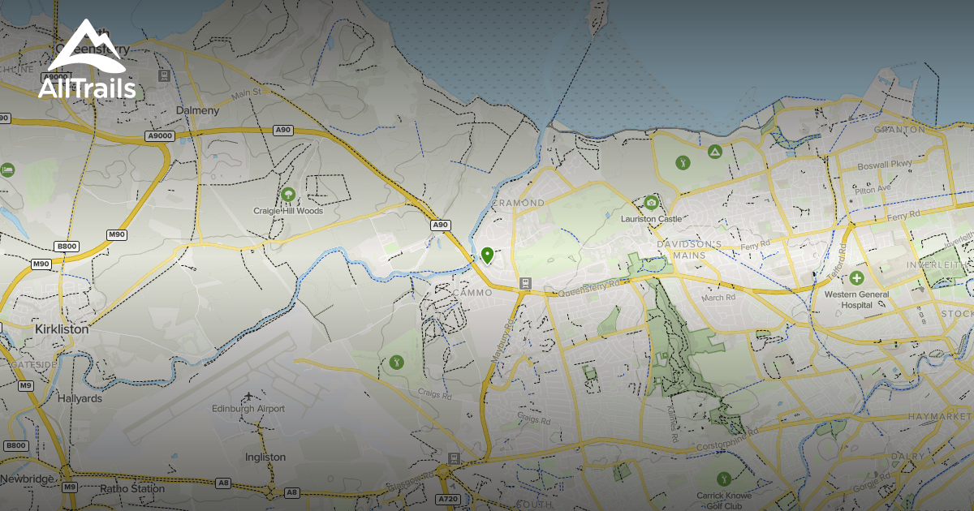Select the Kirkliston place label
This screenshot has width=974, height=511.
pyautogui.click(x=62, y=330)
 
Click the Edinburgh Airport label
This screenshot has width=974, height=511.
pyautogui.click(x=248, y=409)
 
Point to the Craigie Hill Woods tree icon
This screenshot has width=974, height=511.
pyautogui.click(x=287, y=195)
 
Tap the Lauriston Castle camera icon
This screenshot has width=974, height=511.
pyautogui.click(x=651, y=203)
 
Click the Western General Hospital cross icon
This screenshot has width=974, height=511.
pyautogui.click(x=855, y=278)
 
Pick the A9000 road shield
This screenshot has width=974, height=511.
pyautogui.click(x=160, y=136)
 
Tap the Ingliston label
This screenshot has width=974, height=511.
pyautogui.click(x=265, y=457)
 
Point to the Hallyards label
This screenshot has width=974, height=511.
pyautogui.click(x=80, y=399)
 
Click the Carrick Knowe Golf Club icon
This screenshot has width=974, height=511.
pyautogui.click(x=724, y=479)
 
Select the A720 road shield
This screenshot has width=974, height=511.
pyautogui.click(x=449, y=498)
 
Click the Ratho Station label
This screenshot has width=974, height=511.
pyautogui.click(x=132, y=489)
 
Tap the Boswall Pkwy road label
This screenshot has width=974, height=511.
pyautogui.click(x=885, y=165)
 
